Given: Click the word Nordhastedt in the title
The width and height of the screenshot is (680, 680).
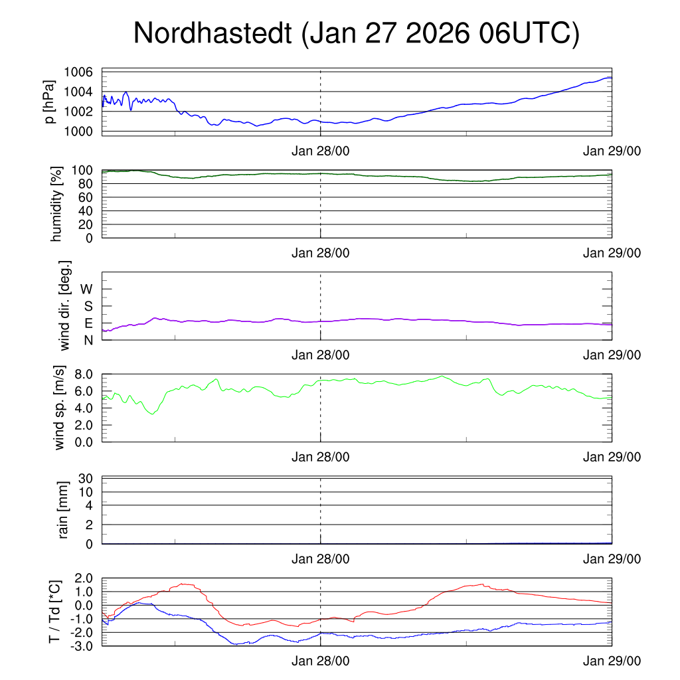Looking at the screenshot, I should [213, 33].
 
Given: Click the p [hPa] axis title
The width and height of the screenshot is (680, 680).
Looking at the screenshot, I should [50, 102].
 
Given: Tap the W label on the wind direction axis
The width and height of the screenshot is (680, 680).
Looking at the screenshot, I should [86, 289].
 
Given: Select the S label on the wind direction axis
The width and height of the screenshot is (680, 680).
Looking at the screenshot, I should [88, 306].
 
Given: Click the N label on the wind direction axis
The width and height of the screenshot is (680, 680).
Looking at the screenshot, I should [88, 340].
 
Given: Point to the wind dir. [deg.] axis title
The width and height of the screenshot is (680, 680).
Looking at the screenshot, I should [65, 305].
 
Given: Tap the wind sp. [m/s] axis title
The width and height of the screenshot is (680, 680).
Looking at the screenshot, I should [60, 407].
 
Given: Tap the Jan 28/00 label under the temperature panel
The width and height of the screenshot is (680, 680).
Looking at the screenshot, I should [321, 662].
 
